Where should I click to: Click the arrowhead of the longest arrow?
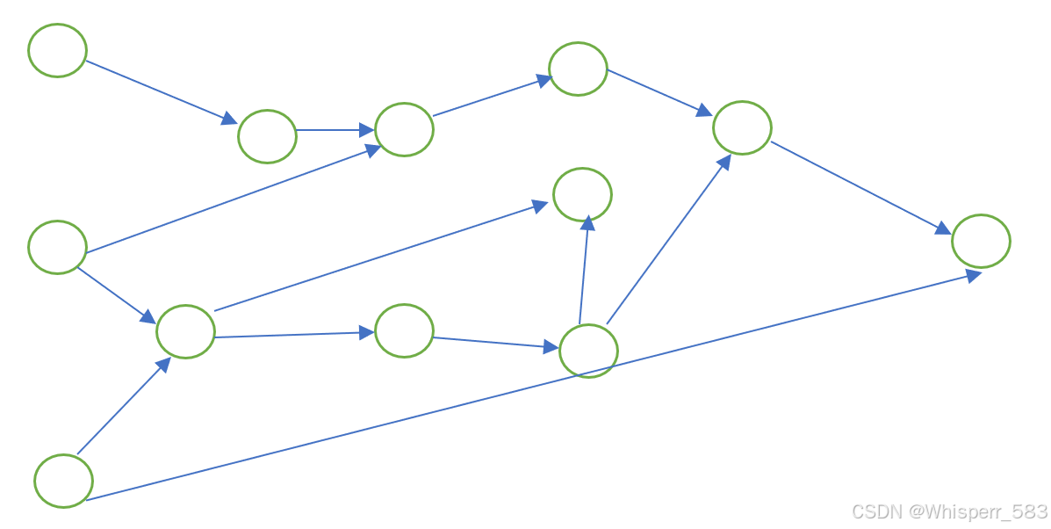point(973,275)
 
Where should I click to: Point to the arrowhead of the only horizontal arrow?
point(367,130)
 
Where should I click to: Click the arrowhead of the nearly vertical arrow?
point(587,223)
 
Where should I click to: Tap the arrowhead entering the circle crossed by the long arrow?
point(551,346)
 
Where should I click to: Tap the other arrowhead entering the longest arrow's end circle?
point(942,228)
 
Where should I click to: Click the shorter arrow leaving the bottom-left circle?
point(123,406)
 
